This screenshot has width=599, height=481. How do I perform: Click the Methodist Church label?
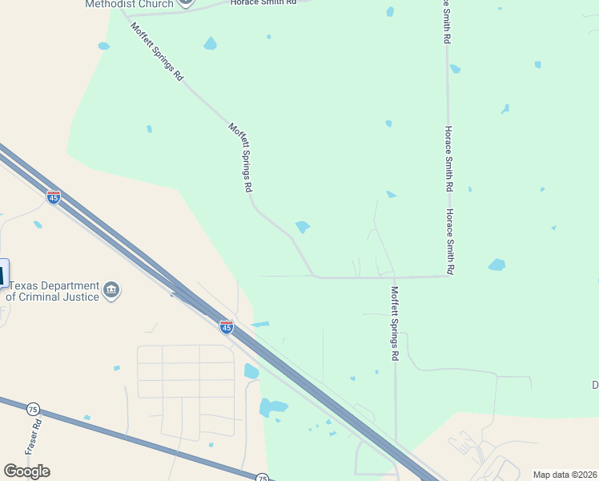(x=129, y=4)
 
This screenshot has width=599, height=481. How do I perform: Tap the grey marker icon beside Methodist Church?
(x=186, y=2)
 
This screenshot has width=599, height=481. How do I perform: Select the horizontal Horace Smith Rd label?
(x=263, y=3)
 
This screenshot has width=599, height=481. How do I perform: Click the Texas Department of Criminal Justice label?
(x=52, y=291)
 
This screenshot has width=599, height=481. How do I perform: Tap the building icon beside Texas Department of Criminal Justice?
(x=112, y=290)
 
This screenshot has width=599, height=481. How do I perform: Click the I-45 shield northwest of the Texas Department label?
(x=54, y=197)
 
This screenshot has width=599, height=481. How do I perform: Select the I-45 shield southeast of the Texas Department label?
(x=227, y=326)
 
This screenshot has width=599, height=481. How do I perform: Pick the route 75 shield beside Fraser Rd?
(x=33, y=409)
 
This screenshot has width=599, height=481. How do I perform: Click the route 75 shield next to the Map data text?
(x=262, y=478)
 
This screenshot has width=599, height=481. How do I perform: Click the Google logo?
(x=26, y=471)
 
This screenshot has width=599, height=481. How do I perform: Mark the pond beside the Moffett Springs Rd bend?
(x=303, y=227)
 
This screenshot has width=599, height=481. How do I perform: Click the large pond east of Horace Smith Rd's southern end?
(x=496, y=265)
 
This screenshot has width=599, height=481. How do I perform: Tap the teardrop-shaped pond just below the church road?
(x=210, y=43)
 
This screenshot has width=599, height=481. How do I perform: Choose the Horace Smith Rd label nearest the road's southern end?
(x=450, y=242)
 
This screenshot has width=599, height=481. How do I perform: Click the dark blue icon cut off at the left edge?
(x=2, y=274)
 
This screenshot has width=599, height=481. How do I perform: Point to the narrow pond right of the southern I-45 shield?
(x=260, y=324)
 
